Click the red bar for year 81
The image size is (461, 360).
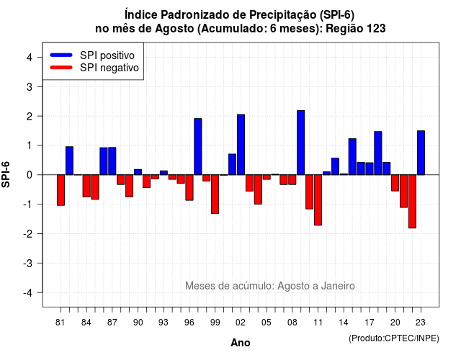pyautogui.click(x=61, y=190)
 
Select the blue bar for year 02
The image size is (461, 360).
pyautogui.click(x=241, y=145)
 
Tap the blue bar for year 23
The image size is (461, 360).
pyautogui.click(x=421, y=153)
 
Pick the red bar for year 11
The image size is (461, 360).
pyautogui.click(x=318, y=200)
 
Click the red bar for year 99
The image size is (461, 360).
pyautogui.click(x=215, y=194)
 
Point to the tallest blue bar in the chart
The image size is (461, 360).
pyautogui.click(x=301, y=143)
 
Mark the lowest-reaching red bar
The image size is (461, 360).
pyautogui.click(x=413, y=202)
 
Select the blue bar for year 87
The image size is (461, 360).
pyautogui.click(x=112, y=161)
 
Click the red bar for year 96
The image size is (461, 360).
pyautogui.click(x=189, y=187)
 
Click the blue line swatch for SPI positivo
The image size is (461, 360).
pyautogui.click(x=61, y=55)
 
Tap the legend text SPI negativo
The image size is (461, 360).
pyautogui.click(x=109, y=68)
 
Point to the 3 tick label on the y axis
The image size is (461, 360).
pyautogui.click(x=30, y=86)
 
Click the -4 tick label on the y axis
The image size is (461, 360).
pyautogui.click(x=28, y=293)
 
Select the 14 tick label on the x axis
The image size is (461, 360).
pyautogui.click(x=344, y=323)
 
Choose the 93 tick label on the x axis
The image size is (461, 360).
pyautogui.click(x=164, y=323)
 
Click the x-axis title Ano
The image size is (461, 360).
pyautogui.click(x=241, y=343)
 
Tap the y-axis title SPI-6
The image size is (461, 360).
pyautogui.click(x=6, y=174)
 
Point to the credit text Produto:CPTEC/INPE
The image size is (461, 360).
pyautogui.click(x=394, y=338)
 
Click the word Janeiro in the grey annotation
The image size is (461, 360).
pyautogui.click(x=338, y=286)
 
